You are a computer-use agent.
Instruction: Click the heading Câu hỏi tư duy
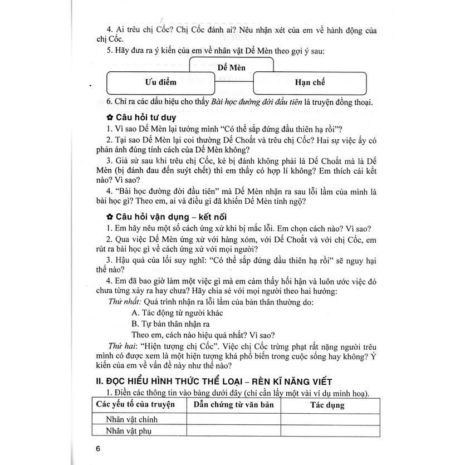coord(145,118)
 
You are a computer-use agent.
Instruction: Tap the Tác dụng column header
coord(327,405)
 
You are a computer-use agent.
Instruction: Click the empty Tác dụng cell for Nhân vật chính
coord(327,419)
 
